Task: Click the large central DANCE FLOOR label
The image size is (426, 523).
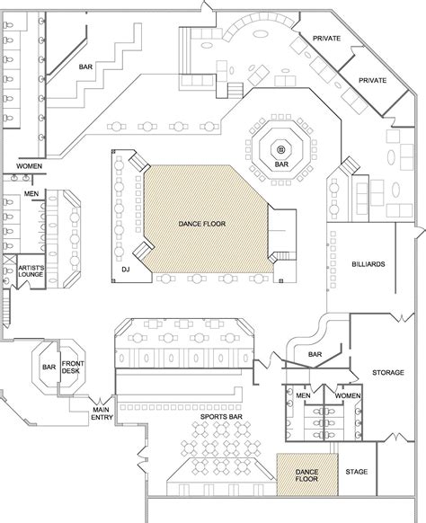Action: [202, 224]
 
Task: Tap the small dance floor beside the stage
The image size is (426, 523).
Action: [307, 474]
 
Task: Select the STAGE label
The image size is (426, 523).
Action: [356, 472]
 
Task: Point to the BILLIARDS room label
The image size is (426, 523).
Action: [368, 264]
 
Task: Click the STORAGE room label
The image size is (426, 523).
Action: [388, 372]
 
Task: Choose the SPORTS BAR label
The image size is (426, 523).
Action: [221, 417]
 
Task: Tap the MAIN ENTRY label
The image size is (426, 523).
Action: [102, 413]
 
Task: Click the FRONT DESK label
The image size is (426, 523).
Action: [73, 367]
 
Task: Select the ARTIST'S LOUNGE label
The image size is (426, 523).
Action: [31, 271]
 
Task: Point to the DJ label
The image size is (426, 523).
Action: [126, 270]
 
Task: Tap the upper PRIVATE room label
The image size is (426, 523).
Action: [326, 39]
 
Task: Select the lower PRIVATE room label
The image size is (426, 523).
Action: [372, 80]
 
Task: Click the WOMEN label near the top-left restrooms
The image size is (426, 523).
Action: [30, 165]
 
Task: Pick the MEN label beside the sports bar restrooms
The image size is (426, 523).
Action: [303, 395]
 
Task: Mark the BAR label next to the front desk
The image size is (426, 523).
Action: [49, 367]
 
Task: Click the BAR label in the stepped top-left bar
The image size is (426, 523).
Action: [85, 67]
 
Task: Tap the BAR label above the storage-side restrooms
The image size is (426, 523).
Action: [315, 354]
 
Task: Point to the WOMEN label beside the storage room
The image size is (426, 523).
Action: [348, 395]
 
